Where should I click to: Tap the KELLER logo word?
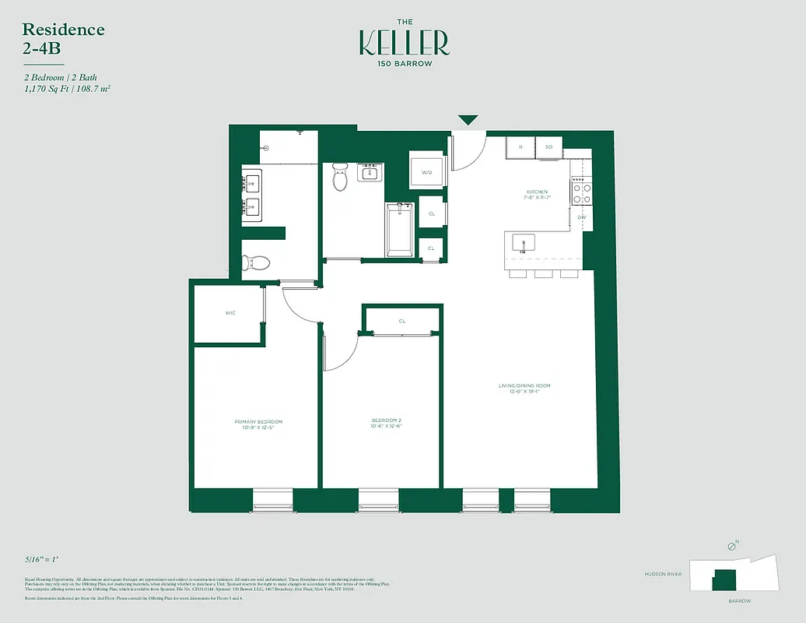pos(404,43)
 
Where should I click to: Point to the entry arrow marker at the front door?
pos(468,120)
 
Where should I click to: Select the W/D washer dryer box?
pos(427,172)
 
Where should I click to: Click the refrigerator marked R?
pos(520,146)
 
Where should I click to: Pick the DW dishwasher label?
pos(580,217)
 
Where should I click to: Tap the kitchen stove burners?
pos(581,192)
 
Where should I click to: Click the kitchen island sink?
pos(524,243)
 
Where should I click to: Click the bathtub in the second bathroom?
pos(400,230)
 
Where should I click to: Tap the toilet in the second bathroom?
pos(339,178)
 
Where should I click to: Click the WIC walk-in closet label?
pos(230,312)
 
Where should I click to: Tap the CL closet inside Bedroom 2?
pos(402,320)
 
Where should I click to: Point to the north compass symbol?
pos(731,547)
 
